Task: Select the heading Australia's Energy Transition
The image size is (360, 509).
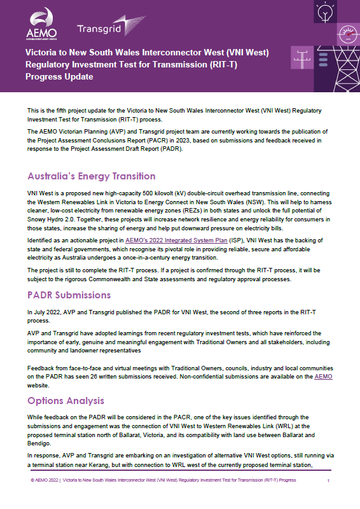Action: click(92, 176)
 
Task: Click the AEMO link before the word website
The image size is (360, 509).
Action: click(324, 377)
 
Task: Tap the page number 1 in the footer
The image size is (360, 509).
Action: click(328, 481)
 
